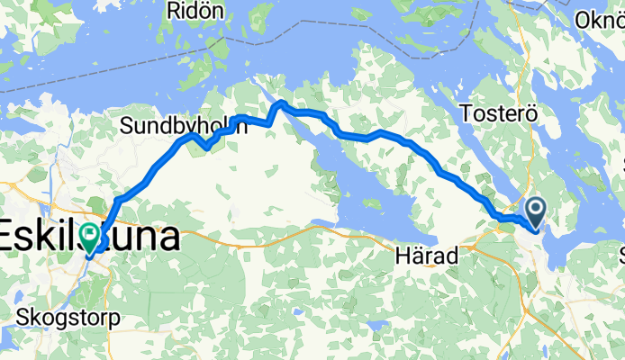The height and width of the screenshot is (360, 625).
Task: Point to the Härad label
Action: pos(426,256)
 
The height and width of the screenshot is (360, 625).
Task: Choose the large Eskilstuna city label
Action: pos(88,238)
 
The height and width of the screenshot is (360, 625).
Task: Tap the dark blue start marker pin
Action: pos(536,213)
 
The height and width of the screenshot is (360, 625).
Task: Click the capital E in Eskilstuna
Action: pos(10,238)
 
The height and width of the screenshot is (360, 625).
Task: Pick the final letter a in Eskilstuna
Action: pos(168,238)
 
